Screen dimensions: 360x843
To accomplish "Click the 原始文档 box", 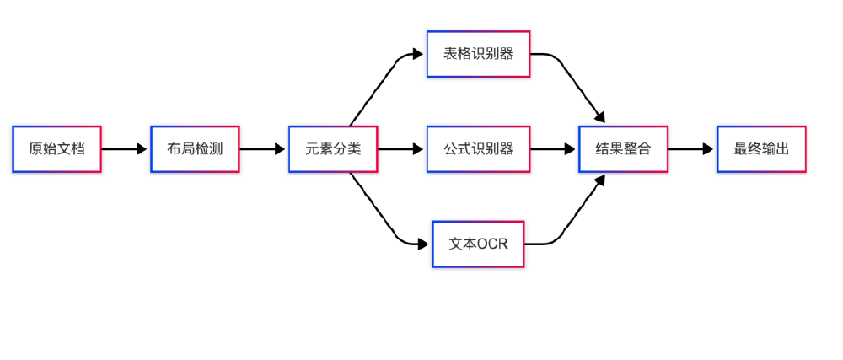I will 56,149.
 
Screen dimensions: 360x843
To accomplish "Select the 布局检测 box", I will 195,149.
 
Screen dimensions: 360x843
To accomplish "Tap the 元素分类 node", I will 333,149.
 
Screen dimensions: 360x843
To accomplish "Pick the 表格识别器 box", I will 478,54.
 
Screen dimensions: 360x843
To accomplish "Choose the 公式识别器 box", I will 478,149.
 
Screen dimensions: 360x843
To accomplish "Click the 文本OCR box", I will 478,244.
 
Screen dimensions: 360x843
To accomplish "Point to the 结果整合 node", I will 623,149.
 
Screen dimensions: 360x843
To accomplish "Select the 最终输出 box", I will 761,149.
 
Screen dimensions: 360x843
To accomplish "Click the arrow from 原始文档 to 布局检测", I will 123,149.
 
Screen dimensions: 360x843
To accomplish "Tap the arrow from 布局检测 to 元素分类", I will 261,149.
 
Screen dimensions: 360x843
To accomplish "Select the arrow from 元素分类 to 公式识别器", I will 400,149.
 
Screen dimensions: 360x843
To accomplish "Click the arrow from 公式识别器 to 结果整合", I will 552,149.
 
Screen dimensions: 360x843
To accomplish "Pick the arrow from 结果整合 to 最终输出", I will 690,149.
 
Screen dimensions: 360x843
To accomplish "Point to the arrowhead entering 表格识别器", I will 417,54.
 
